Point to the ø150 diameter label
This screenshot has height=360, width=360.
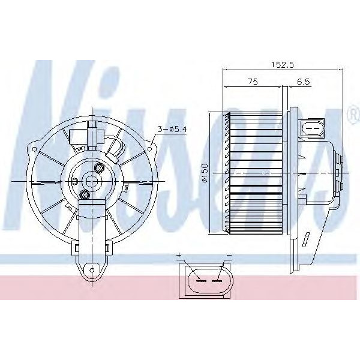point(205,173)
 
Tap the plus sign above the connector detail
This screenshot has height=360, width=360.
point(179,256)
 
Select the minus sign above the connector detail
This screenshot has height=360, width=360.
point(229,256)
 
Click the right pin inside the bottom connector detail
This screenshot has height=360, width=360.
point(217,280)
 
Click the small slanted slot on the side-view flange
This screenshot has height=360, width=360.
point(306,240)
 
